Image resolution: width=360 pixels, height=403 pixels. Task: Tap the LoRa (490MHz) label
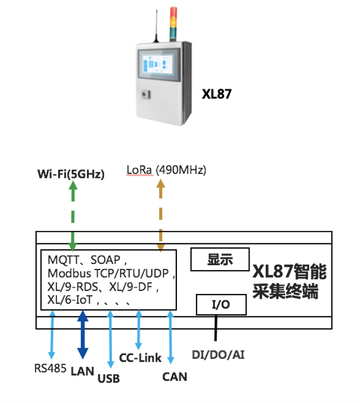coord(166,170)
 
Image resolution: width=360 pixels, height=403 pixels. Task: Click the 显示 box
coord(220,259)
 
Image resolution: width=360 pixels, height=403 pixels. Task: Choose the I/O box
coord(221,304)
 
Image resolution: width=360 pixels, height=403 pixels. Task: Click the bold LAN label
coord(83,370)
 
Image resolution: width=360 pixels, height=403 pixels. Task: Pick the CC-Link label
coord(140,358)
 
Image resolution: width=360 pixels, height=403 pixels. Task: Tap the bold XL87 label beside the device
coord(216,95)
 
